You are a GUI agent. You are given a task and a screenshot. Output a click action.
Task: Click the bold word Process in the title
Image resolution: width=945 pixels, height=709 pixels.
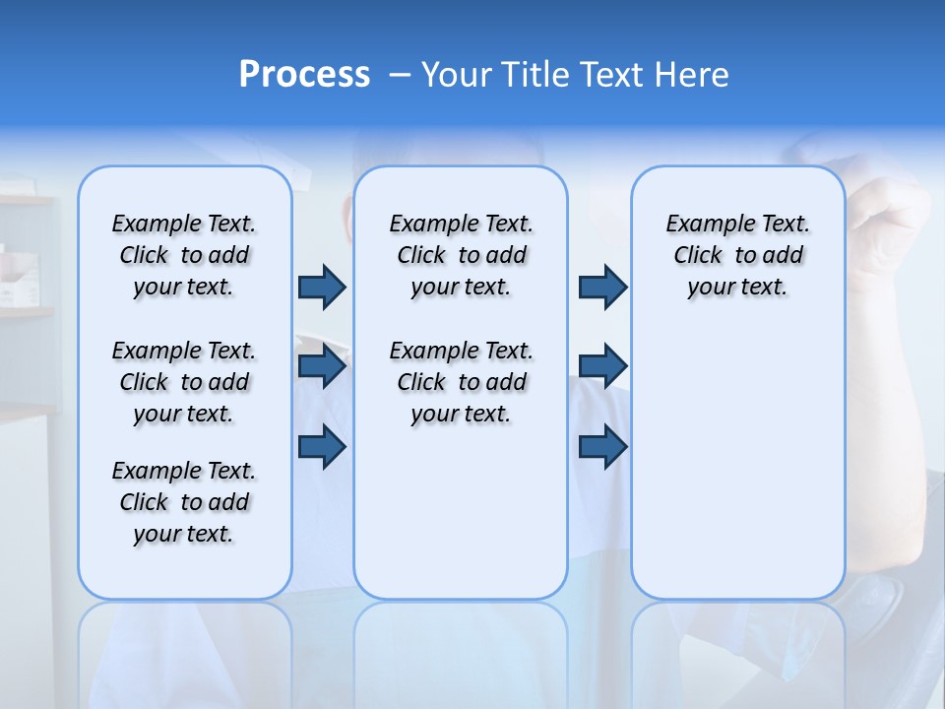[304, 75]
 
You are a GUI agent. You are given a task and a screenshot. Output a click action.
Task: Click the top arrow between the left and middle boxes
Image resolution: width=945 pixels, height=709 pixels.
[322, 287]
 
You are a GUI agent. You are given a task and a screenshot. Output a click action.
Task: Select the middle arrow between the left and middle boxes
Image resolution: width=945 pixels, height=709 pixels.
[322, 366]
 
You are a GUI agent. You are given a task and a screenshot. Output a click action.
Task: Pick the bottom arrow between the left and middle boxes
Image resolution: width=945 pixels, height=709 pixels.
[322, 446]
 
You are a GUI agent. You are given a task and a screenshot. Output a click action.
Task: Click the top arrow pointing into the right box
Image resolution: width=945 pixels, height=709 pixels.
[602, 287]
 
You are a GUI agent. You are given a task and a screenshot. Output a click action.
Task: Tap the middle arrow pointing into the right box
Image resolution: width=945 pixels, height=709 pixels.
[602, 366]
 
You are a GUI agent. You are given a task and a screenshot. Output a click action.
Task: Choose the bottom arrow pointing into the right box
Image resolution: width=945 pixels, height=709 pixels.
[602, 446]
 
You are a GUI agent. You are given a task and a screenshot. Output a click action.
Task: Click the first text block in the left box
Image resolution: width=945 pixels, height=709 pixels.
[184, 255]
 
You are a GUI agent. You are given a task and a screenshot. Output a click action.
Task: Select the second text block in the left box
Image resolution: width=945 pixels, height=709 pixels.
[184, 382]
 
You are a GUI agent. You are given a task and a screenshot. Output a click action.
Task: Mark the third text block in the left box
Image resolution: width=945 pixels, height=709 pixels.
[184, 502]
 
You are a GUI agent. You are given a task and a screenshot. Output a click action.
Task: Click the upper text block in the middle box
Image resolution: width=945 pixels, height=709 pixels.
[461, 255]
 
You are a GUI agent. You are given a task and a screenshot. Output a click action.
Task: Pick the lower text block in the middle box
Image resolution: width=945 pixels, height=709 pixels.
[461, 382]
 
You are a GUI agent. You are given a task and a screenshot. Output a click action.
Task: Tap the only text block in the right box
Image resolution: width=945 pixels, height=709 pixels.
[737, 255]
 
